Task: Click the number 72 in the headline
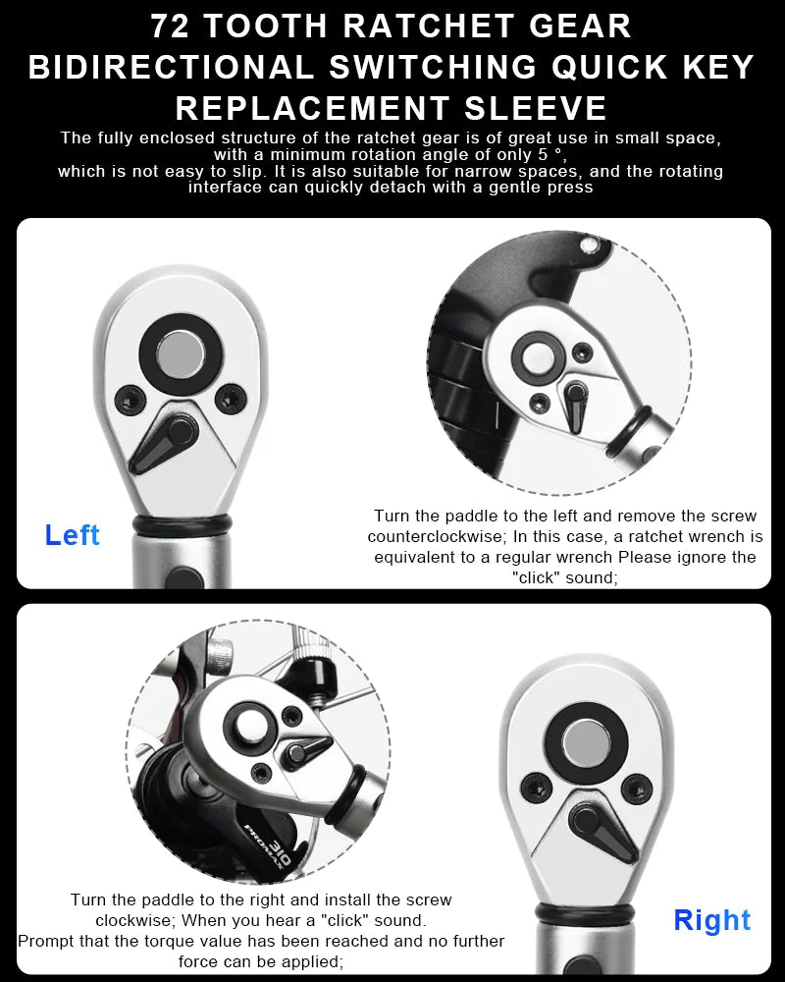tap(171, 27)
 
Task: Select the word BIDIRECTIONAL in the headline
tap(171, 67)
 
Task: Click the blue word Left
tap(72, 535)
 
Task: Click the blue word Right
tap(711, 920)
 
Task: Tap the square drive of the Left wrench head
tap(181, 355)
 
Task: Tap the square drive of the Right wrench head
tap(586, 742)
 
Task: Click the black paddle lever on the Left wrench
tap(164, 443)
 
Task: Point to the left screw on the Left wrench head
tap(131, 400)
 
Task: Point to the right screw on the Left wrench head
tap(231, 399)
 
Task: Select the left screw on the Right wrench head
tap(536, 788)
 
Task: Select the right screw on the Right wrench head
tap(636, 788)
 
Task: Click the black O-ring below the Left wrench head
tap(182, 525)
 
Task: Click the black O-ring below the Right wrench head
tap(585, 913)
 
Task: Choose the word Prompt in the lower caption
tap(41, 942)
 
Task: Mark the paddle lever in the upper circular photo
tap(574, 407)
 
